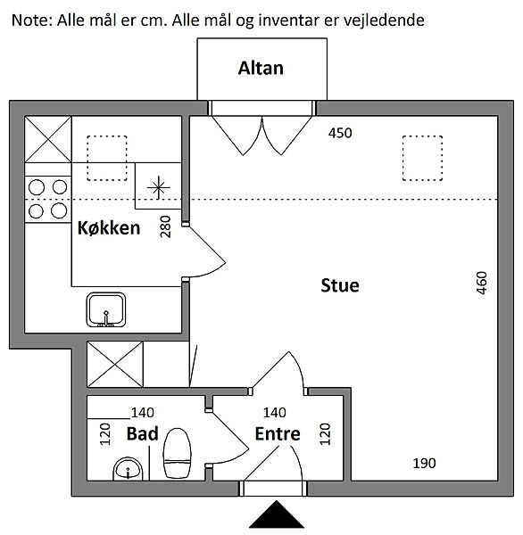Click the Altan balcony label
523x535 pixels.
point(261,69)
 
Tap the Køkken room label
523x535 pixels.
point(109,227)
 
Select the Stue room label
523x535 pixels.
point(340,285)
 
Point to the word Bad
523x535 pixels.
point(143,433)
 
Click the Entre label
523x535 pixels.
point(278,433)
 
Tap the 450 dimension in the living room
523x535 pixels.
point(340,133)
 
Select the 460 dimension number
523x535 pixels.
point(481,283)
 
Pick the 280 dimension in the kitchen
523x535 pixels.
point(165,226)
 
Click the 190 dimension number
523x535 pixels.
point(424,463)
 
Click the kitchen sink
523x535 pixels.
point(106,309)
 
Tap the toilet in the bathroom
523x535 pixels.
point(177,453)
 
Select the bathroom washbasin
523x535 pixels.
point(128,469)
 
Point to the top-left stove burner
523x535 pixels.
point(37,187)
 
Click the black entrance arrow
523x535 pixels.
point(277,514)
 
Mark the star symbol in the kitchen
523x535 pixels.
point(159,187)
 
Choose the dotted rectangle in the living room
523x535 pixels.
point(422,158)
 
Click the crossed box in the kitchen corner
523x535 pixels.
point(48,139)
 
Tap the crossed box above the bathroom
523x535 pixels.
point(115,364)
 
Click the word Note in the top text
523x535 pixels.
point(33,21)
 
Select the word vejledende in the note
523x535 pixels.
point(384,21)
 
